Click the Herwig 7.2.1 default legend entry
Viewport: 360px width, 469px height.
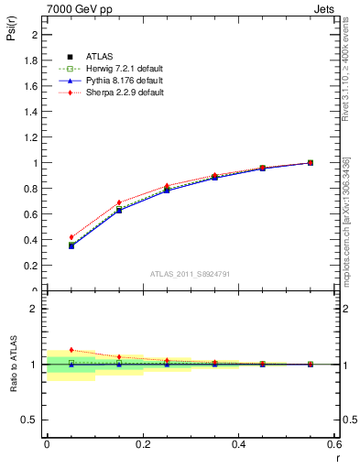click(x=122, y=70)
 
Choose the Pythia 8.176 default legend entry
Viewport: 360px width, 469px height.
click(x=122, y=82)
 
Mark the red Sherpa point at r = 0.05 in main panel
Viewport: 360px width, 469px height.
click(x=71, y=237)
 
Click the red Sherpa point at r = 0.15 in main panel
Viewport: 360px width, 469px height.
click(x=119, y=202)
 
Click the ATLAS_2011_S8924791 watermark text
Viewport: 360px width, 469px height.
click(x=189, y=274)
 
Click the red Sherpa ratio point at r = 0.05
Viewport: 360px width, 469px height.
click(x=71, y=350)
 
